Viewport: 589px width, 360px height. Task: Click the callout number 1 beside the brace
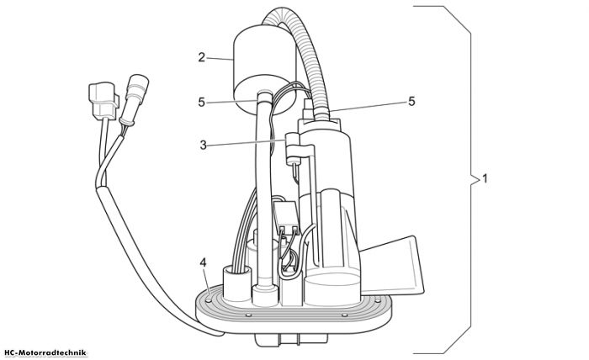485,178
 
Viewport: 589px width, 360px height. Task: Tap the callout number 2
202,58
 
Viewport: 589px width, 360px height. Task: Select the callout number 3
204,146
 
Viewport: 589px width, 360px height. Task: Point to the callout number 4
203,262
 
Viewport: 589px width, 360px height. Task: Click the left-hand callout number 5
202,102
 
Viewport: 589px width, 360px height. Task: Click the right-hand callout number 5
411,102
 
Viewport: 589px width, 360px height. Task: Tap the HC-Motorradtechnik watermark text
45,353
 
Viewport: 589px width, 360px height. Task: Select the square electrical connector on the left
103,100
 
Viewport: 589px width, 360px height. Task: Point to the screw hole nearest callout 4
208,300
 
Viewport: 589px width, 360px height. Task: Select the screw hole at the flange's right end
377,300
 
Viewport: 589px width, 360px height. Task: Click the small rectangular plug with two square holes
287,218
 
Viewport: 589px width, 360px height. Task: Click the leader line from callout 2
220,59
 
